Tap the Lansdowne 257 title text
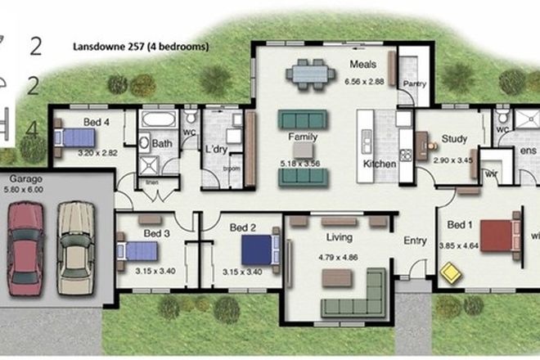(138, 47)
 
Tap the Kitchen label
(380, 164)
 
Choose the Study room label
(453, 139)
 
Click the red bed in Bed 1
(497, 237)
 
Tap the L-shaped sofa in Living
(360, 299)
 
